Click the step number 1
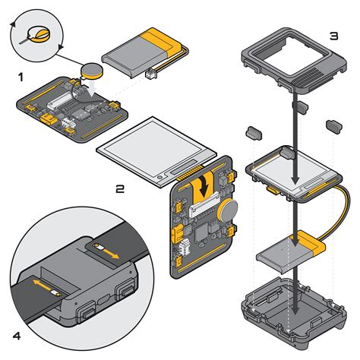point(21,77)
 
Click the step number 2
point(120,189)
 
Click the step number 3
point(333,36)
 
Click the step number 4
point(17,336)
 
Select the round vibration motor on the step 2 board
point(228,210)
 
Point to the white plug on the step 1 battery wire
point(150,74)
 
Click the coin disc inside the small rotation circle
point(39,34)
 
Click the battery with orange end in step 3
point(291,252)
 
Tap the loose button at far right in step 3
point(333,126)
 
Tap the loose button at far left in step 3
point(253,132)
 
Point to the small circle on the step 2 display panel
point(160,177)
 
